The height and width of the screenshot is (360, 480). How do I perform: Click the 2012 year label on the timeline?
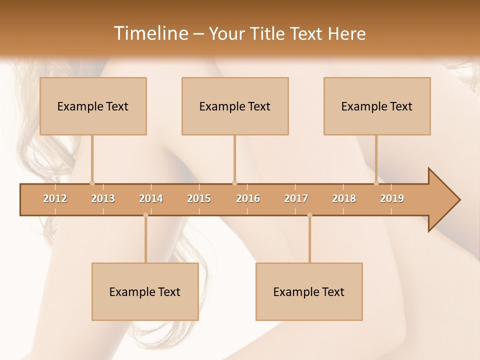click(55, 198)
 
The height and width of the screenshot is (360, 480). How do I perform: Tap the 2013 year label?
click(103, 198)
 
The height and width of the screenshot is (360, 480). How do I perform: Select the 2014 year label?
click(151, 198)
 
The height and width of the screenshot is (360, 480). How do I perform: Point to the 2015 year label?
click(199, 198)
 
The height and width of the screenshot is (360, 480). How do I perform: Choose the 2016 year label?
click(248, 198)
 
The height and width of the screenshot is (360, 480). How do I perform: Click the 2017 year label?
click(296, 198)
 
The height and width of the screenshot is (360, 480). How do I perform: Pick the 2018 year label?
click(344, 198)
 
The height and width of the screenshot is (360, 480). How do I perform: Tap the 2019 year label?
click(392, 198)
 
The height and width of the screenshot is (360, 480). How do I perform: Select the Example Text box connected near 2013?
click(93, 106)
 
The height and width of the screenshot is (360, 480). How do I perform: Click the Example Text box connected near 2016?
click(235, 106)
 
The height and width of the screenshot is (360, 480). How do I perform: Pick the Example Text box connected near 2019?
click(377, 106)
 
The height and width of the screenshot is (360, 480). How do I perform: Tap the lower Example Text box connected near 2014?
click(145, 291)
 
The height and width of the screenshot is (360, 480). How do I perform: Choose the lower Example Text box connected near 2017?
click(309, 291)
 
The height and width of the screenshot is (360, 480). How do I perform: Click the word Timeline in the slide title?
click(150, 33)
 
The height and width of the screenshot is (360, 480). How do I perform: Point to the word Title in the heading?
click(270, 34)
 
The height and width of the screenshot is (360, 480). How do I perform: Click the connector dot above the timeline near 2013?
click(92, 183)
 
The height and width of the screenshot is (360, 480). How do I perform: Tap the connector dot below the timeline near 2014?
click(145, 215)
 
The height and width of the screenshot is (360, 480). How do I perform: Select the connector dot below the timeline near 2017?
click(309, 215)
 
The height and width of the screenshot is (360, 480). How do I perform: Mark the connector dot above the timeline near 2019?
click(376, 183)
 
